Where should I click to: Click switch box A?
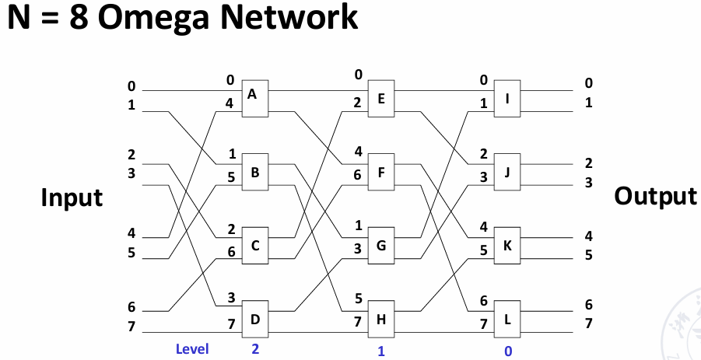click(255, 99)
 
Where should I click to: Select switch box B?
click(255, 172)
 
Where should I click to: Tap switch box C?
click(255, 245)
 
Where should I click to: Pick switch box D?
click(255, 319)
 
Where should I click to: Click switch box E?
click(381, 99)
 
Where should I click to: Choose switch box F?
click(381, 172)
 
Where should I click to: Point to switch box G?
click(381, 245)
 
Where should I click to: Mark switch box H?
click(381, 319)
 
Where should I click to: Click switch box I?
click(507, 99)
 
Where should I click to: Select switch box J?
click(507, 172)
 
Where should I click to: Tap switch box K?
click(507, 245)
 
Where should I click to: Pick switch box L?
click(507, 319)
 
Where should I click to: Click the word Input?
click(72, 197)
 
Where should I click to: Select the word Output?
click(655, 196)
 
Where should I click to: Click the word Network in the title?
click(289, 17)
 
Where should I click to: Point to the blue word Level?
click(192, 349)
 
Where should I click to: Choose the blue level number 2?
click(255, 349)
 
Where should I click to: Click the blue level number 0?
click(508, 351)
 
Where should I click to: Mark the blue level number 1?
click(381, 351)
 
